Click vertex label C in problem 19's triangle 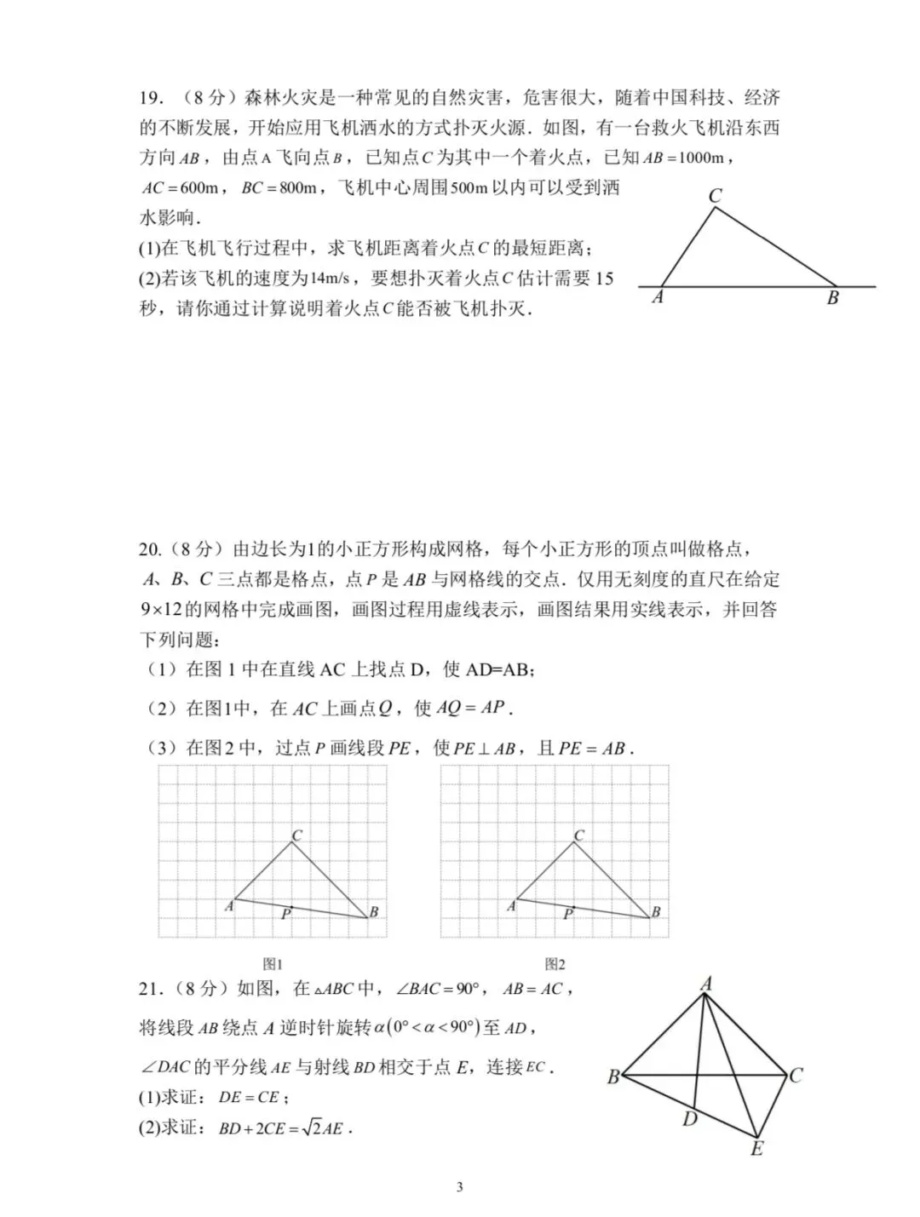coord(715,196)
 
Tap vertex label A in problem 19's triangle coord(658,297)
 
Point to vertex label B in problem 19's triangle coord(832,298)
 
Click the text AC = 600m coord(181,187)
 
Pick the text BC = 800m coord(279,187)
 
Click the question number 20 coord(150,549)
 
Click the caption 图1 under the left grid coord(272,964)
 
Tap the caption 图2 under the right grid coord(555,964)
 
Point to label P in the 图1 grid coord(286,915)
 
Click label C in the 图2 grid coord(579,835)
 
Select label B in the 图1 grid coord(373,912)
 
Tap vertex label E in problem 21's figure coord(756,1149)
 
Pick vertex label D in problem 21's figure coord(689,1119)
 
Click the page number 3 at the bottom coord(459,1187)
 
